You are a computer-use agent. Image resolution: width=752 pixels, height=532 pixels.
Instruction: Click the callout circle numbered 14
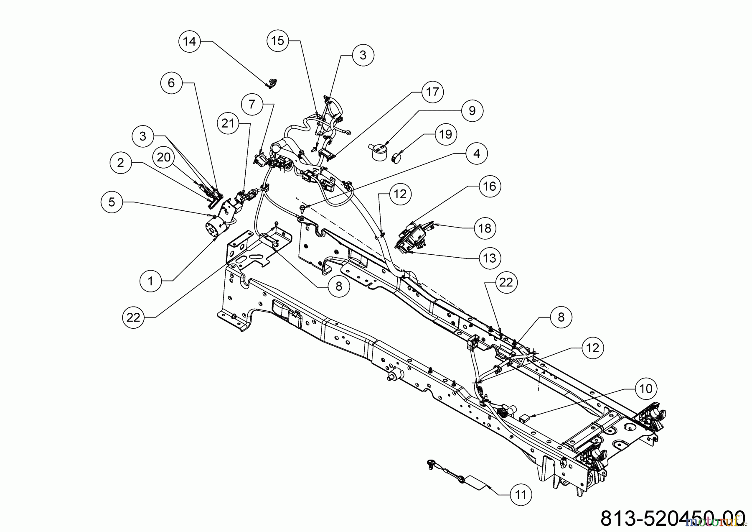coord(189,41)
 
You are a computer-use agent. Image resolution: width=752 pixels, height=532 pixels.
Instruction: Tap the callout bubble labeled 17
coord(432,92)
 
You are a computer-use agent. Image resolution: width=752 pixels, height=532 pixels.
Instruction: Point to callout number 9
coord(472,111)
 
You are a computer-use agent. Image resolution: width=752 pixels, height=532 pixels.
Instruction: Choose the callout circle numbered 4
coord(477,154)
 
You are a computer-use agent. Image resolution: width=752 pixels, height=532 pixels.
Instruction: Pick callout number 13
coord(490,258)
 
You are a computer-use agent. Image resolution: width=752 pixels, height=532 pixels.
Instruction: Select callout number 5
coord(112,202)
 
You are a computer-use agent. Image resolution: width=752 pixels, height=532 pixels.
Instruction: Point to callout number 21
coord(228,123)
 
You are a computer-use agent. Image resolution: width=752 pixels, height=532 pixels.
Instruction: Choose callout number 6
coord(171,83)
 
